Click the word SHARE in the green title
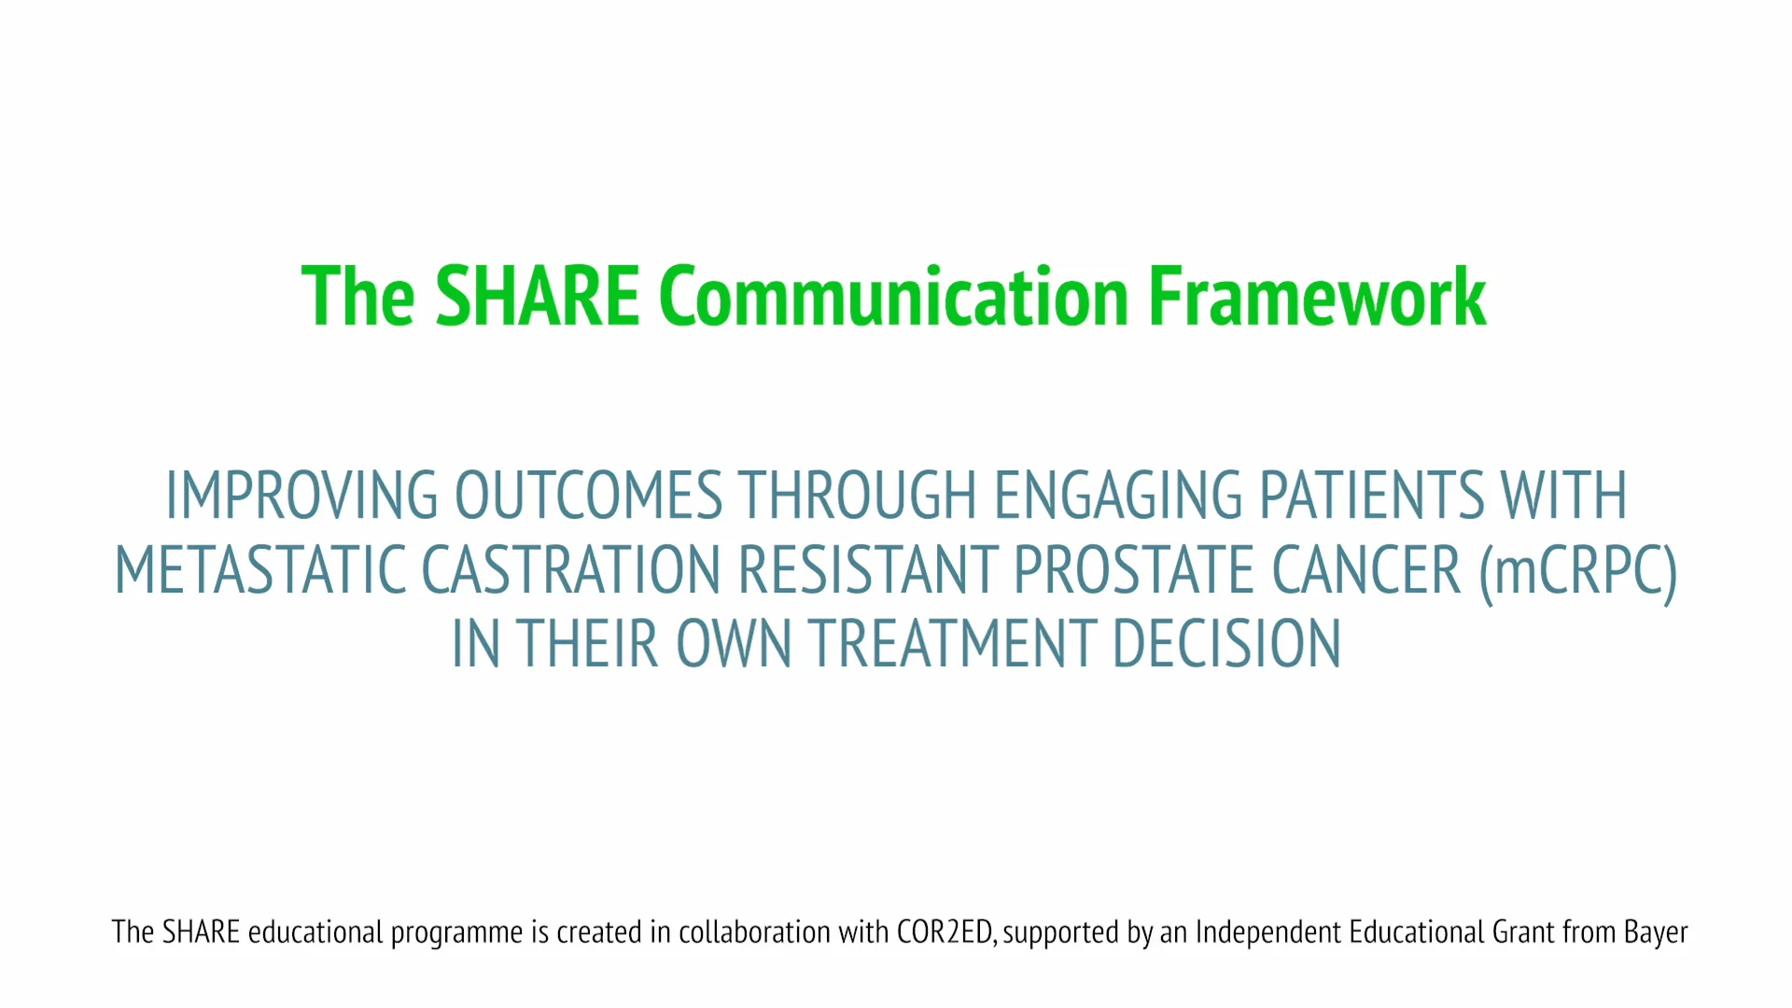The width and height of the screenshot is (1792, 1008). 537,297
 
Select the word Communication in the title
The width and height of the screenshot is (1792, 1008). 894,297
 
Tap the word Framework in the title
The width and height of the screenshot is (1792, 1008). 1317,297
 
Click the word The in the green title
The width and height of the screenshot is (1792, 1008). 357,297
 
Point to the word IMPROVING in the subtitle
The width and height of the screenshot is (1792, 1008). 301,496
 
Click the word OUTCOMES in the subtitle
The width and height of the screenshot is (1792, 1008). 588,496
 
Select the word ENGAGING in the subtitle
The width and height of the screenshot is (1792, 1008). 1118,496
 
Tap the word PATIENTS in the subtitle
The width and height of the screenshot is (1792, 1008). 1371,496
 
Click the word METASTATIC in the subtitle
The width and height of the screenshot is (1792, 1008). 259,570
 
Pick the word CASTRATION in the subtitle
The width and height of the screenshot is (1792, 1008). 571,570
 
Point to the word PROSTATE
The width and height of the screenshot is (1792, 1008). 1134,570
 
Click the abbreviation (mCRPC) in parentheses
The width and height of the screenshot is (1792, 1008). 1578,570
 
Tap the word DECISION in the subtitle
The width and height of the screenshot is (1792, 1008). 1227,644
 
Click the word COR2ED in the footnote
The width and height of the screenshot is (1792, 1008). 945,932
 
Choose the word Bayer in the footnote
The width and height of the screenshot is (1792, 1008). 1656,932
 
